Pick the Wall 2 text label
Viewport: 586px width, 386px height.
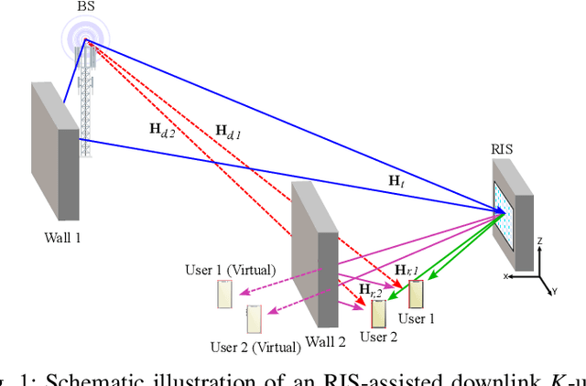pyautogui.click(x=326, y=342)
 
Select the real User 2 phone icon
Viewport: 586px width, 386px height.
pyautogui.click(x=379, y=313)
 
